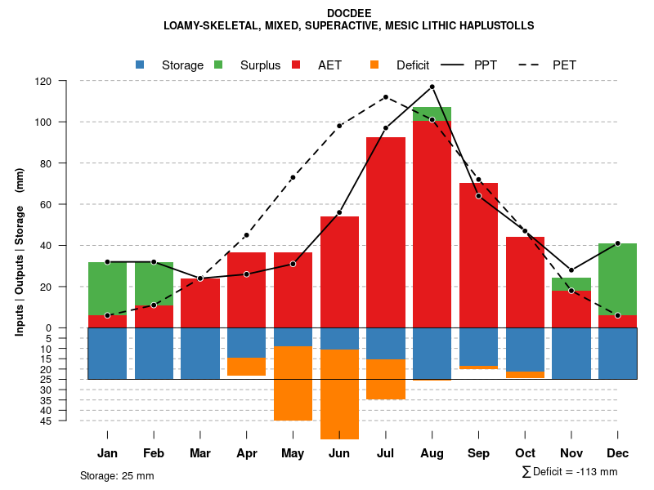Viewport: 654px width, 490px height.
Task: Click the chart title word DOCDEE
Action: click(349, 14)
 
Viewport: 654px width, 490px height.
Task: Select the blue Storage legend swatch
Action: click(140, 65)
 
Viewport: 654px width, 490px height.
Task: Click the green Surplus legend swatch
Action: click(218, 65)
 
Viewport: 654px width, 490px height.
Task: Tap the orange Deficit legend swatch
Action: click(374, 65)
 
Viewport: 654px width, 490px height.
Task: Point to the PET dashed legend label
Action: click(564, 65)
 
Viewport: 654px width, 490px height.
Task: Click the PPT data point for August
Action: click(432, 87)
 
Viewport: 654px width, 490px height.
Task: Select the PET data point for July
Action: click(386, 97)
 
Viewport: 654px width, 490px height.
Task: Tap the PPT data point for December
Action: click(617, 243)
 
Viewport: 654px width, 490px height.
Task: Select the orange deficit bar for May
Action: click(293, 383)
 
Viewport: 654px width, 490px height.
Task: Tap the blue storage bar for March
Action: click(200, 353)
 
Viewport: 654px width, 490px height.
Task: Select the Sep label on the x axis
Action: click(478, 453)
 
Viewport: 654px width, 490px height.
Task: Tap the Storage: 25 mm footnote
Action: click(117, 475)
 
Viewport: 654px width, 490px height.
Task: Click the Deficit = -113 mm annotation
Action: click(570, 472)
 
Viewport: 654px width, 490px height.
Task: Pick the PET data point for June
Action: click(339, 126)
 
